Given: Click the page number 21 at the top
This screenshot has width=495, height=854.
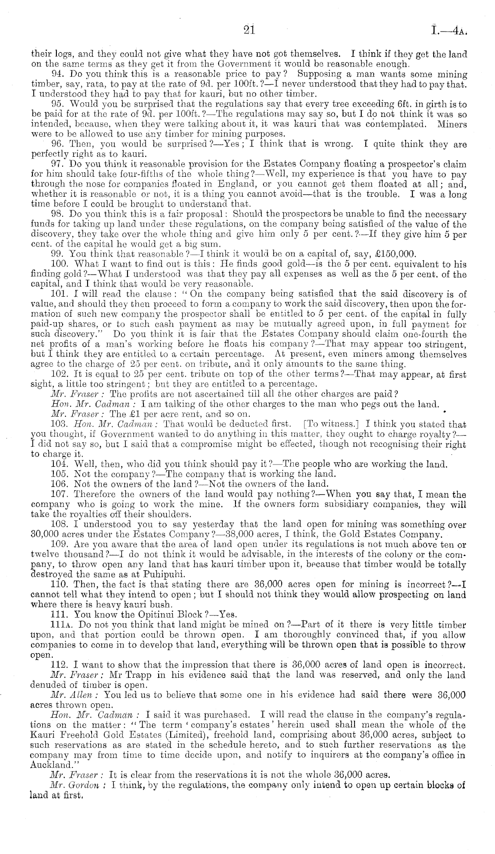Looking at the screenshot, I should pyautogui.click(x=248, y=31).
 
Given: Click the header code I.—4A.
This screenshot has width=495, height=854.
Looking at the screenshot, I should pyautogui.click(x=450, y=32).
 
